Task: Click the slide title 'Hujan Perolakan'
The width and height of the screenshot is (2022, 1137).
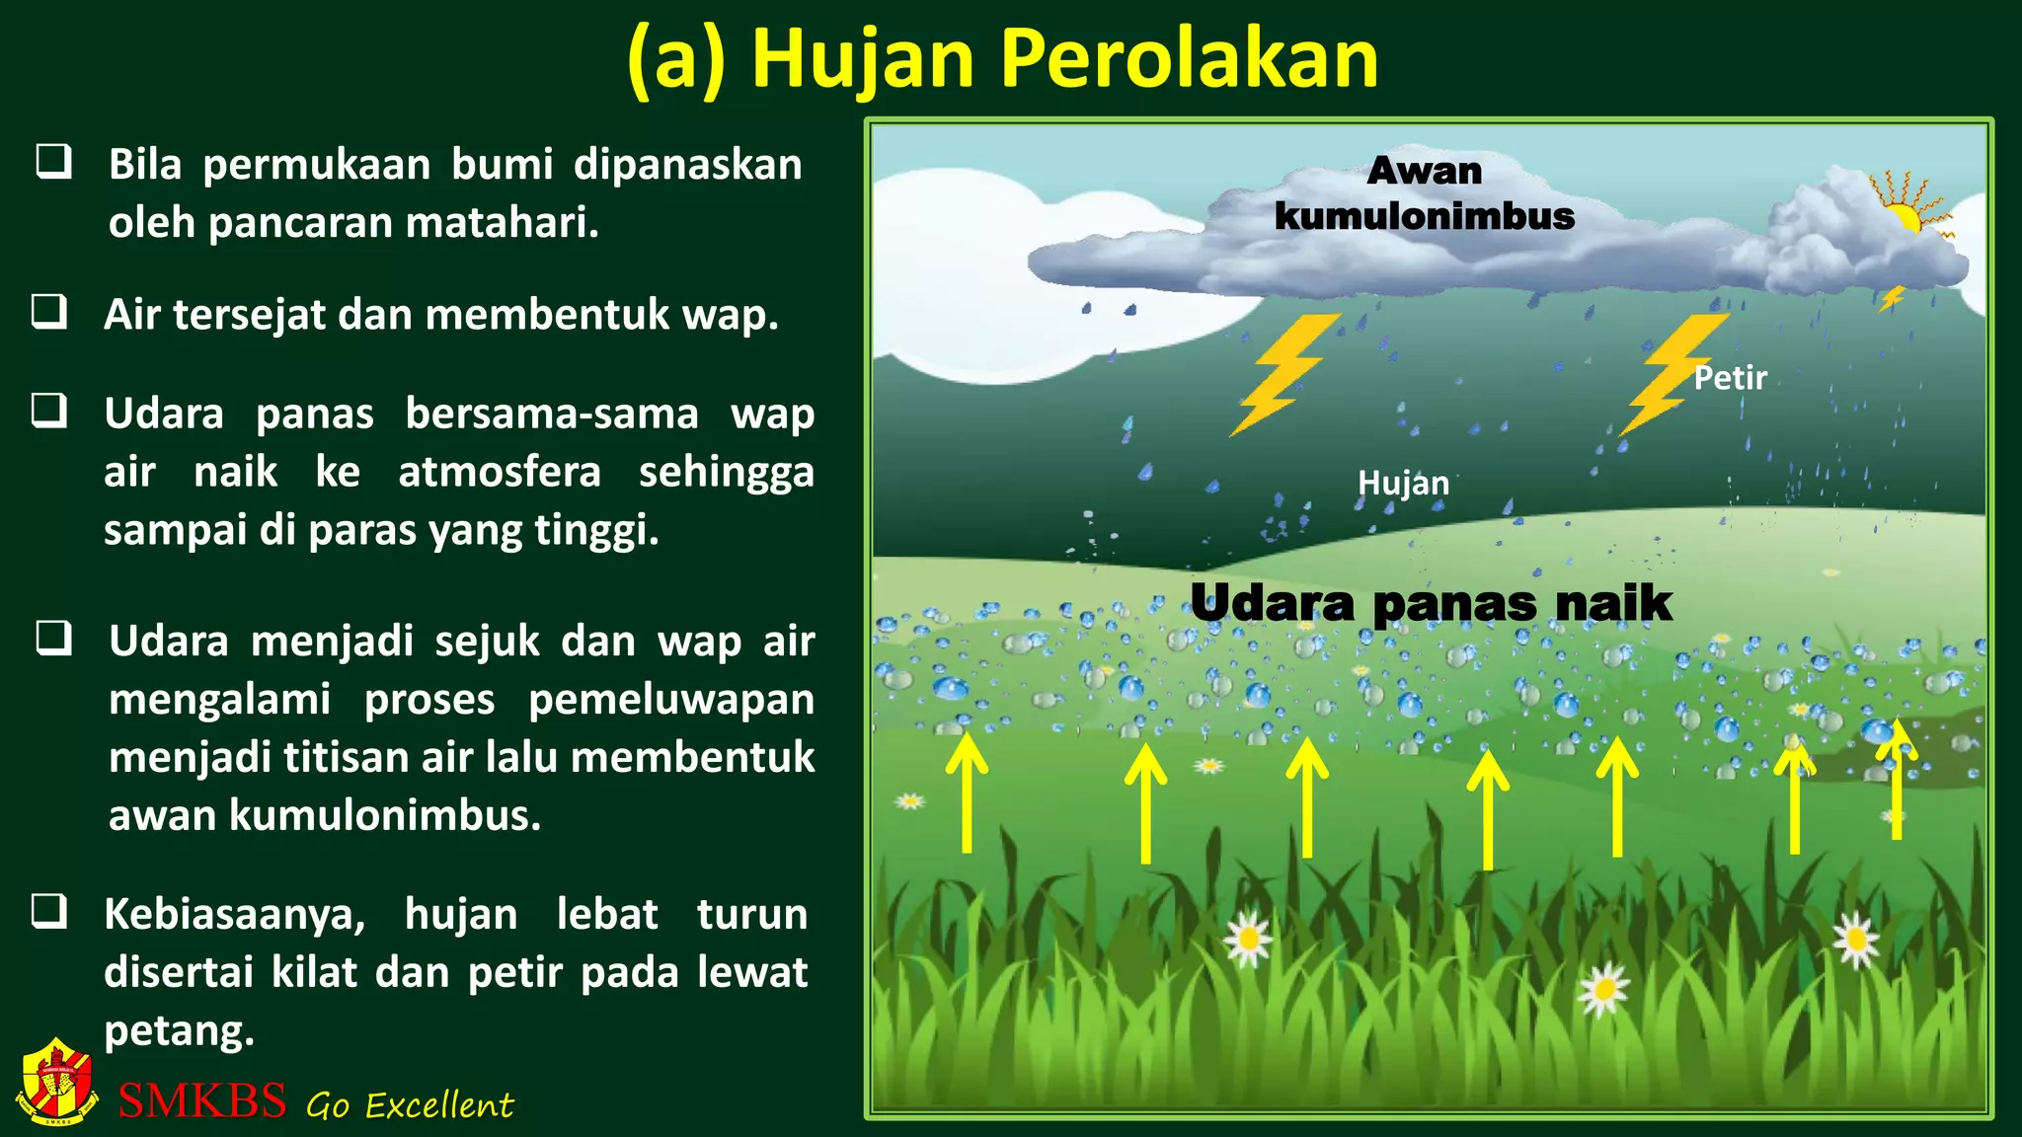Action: (1002, 59)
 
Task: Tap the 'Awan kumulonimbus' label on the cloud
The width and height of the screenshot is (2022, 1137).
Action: (1424, 193)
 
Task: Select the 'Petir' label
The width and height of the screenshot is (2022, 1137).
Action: (1730, 378)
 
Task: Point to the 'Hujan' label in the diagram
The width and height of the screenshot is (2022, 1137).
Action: (1403, 484)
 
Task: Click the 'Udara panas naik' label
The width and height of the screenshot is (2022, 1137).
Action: (1431, 603)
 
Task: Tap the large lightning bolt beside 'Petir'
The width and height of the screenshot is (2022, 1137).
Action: (1672, 373)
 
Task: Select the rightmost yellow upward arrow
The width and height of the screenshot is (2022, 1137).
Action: (1896, 780)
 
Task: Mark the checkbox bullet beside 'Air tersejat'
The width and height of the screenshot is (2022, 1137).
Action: (49, 312)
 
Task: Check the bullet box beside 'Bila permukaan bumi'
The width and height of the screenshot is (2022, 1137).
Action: (53, 162)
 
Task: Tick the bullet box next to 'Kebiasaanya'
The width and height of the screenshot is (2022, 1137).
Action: (49, 911)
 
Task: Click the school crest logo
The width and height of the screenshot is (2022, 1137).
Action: (57, 1082)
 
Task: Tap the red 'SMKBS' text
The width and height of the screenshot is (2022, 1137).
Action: (202, 1099)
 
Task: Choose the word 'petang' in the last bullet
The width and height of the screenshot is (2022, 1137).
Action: (178, 1031)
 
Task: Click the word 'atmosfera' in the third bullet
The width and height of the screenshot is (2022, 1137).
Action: (500, 472)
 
